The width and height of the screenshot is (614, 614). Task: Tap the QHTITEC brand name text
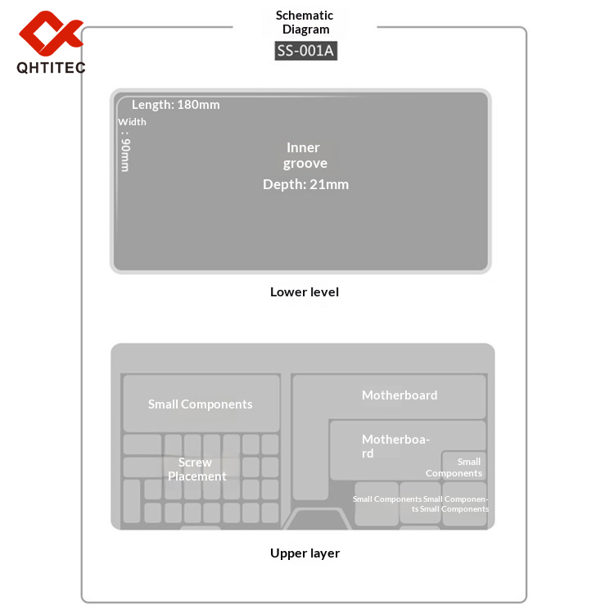pos(51,67)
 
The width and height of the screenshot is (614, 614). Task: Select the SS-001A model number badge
pos(305,51)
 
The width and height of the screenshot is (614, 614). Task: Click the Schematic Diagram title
pos(305,23)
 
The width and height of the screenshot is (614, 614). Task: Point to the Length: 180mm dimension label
pos(175,105)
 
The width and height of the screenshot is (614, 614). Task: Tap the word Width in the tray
pos(133,122)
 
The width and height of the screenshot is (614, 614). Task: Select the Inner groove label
pos(305,156)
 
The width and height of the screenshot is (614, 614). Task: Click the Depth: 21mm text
pos(305,184)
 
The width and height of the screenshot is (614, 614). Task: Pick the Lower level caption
pos(305,292)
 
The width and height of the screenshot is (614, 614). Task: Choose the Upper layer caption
pos(305,553)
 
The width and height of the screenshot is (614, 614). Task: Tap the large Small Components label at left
pos(200,404)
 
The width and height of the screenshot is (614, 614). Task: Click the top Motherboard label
pos(400,395)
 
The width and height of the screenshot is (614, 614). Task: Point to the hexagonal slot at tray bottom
pos(318,519)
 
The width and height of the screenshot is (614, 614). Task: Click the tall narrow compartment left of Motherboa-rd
pos(310,458)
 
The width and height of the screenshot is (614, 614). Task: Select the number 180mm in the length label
pos(198,105)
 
